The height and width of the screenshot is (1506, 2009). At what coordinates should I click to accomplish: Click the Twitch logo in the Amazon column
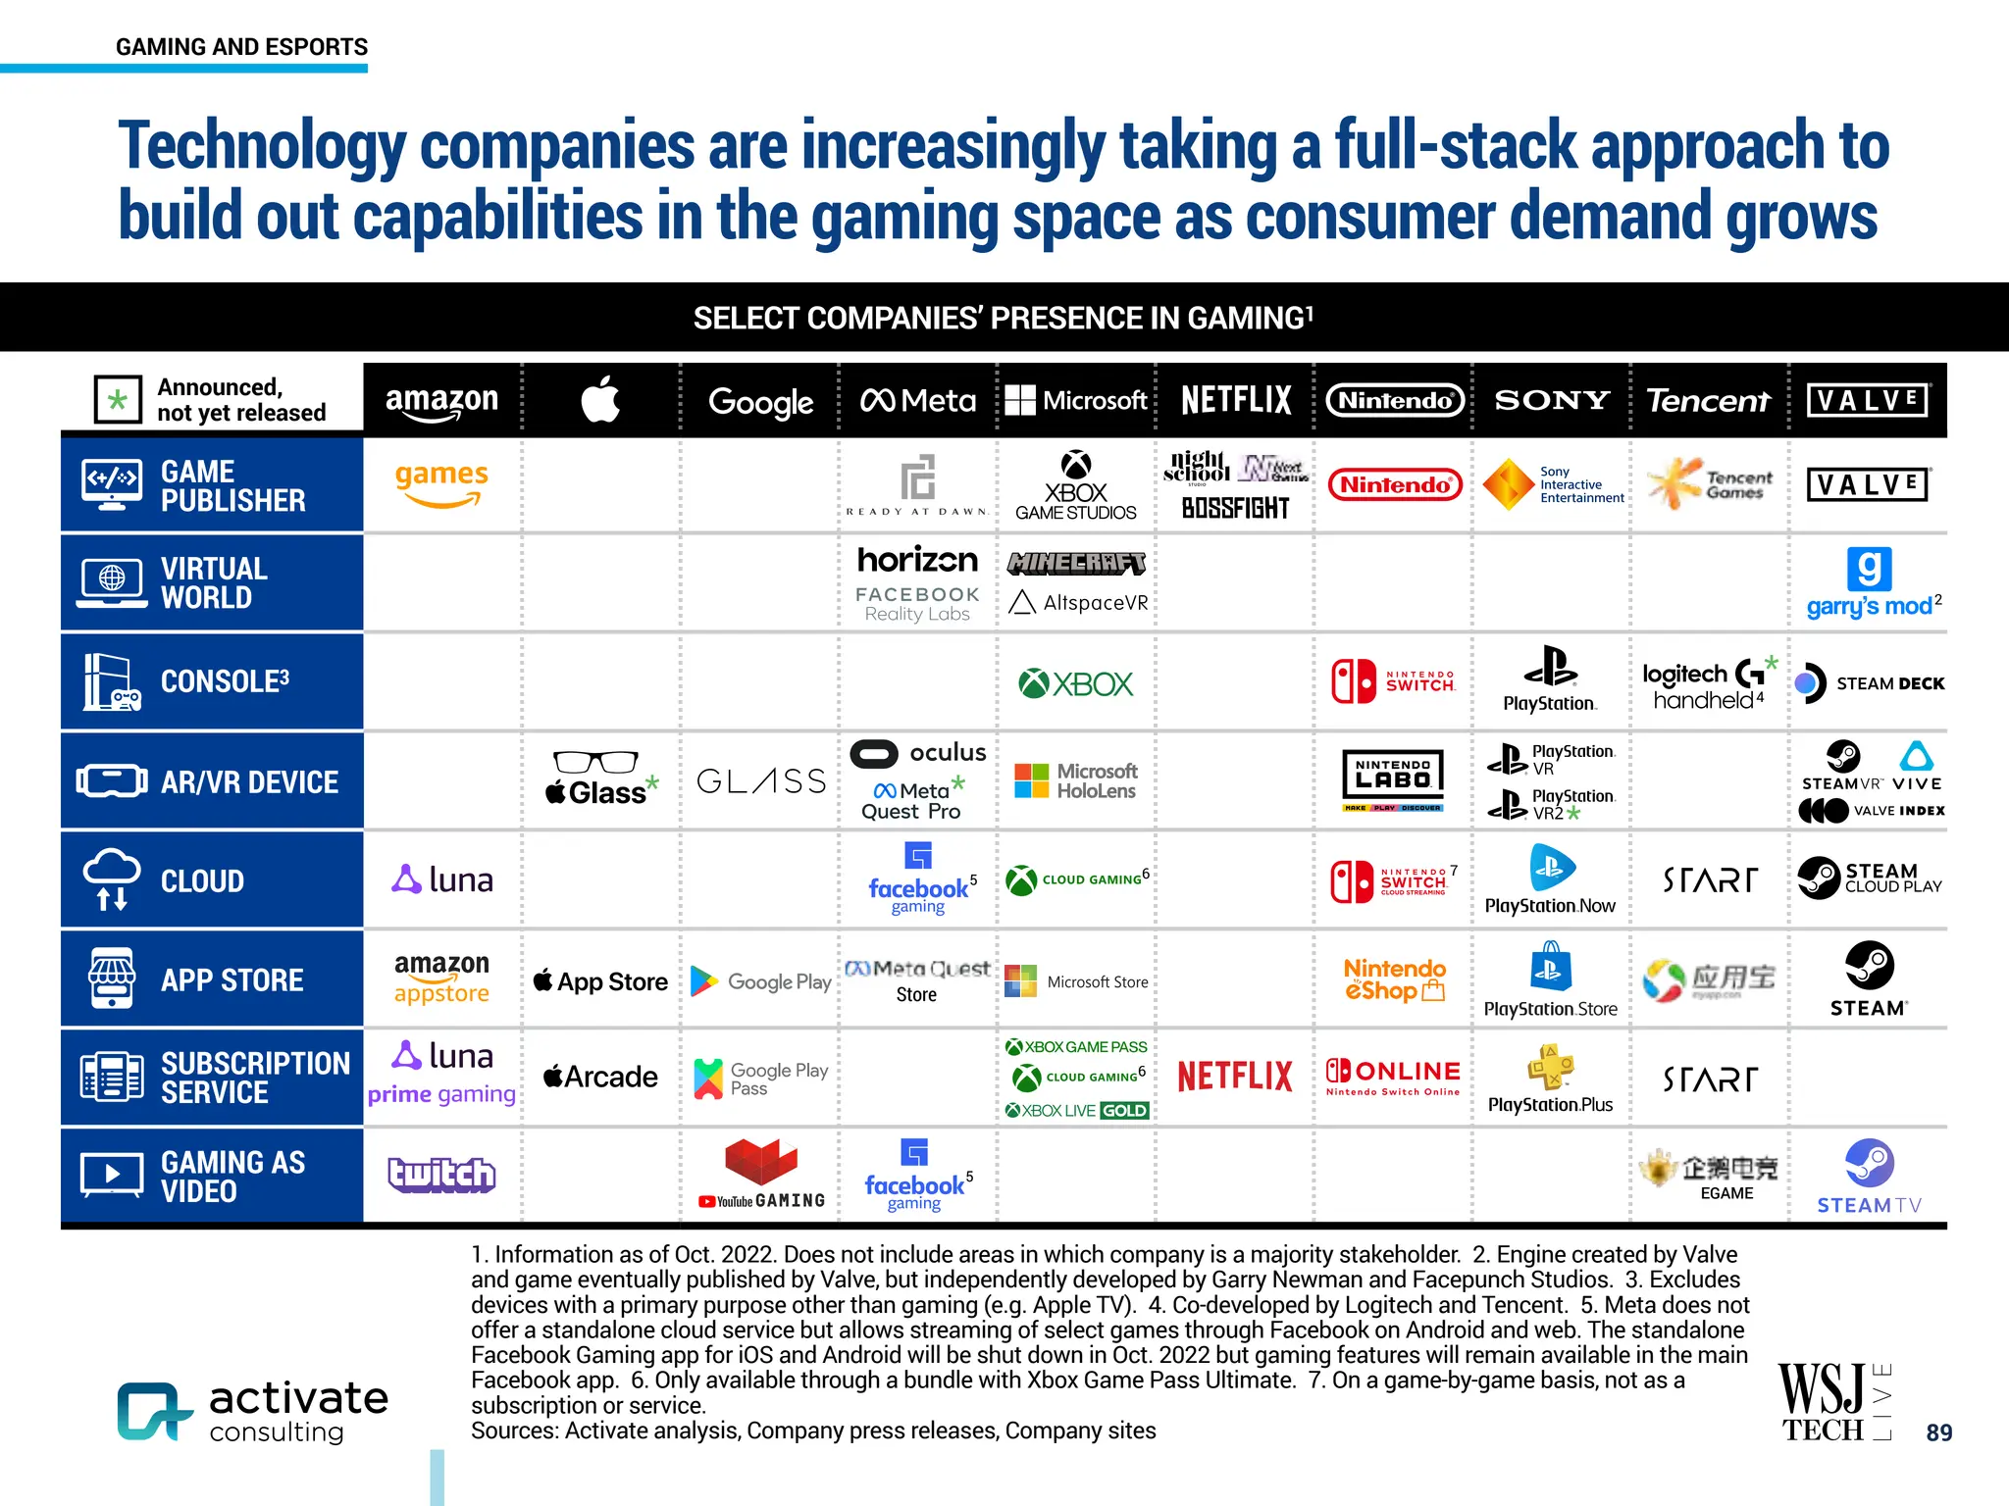tap(441, 1174)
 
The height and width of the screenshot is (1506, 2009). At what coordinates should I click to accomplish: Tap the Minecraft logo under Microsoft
tap(1076, 563)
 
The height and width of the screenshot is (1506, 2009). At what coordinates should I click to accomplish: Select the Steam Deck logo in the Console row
tap(1870, 683)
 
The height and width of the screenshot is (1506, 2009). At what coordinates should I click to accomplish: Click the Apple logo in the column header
tap(600, 400)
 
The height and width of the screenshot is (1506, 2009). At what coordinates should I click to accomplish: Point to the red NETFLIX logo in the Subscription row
tap(1235, 1077)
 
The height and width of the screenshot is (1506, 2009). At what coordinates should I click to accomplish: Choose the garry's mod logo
tap(1870, 583)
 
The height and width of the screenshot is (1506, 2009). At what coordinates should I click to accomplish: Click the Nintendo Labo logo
tap(1393, 779)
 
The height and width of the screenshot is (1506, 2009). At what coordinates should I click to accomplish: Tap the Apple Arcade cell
tap(600, 1077)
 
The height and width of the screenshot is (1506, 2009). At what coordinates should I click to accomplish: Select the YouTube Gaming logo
tap(761, 1174)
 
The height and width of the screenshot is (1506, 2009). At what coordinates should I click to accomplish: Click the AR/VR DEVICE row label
tap(249, 781)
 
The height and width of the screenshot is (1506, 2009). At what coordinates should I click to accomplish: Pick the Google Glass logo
tap(761, 781)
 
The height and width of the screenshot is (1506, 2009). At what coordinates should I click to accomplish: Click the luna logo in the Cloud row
tap(442, 879)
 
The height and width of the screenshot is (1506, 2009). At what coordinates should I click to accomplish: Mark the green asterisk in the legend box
tap(118, 400)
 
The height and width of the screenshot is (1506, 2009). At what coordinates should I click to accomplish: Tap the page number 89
tap(1938, 1432)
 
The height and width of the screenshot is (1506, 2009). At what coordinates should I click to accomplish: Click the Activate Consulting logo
tap(253, 1411)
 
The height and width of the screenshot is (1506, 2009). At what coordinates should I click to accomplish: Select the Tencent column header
tap(1708, 400)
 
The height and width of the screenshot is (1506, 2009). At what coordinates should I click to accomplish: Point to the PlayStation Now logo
tap(1550, 879)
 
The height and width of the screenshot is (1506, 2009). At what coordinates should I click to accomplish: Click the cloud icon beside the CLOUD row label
tap(112, 878)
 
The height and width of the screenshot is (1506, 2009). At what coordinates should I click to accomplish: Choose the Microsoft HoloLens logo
tap(1076, 781)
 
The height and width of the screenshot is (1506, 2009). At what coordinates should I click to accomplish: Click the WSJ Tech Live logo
tap(1833, 1402)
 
